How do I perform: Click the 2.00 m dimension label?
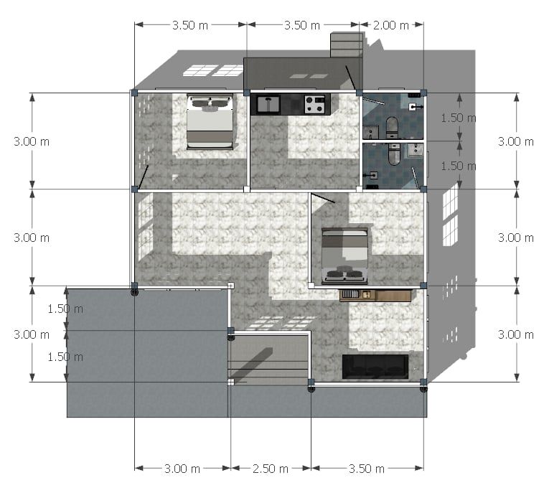pyautogui.click(x=390, y=25)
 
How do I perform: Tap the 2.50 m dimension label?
pyautogui.click(x=271, y=469)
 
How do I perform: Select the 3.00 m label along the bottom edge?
pyautogui.click(x=182, y=469)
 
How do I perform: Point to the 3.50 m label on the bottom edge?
pyautogui.click(x=366, y=469)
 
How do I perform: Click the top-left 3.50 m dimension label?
pyautogui.click(x=190, y=25)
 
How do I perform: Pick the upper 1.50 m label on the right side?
pyautogui.click(x=459, y=118)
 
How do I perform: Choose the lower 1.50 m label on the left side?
pyautogui.click(x=65, y=357)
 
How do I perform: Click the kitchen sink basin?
pyautogui.click(x=268, y=104)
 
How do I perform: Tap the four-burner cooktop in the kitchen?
pyautogui.click(x=314, y=105)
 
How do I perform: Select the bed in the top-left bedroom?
pyautogui.click(x=210, y=121)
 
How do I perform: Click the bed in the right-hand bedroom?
pyautogui.click(x=344, y=255)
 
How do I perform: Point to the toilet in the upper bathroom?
pyautogui.click(x=392, y=126)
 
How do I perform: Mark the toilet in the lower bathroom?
pyautogui.click(x=394, y=154)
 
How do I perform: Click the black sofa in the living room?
pyautogui.click(x=375, y=367)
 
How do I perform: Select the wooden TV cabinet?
pyautogui.click(x=375, y=295)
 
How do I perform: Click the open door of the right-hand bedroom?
pyautogui.click(x=323, y=198)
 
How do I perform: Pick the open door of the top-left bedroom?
pyautogui.click(x=143, y=177)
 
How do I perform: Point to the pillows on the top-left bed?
pyautogui.click(x=210, y=103)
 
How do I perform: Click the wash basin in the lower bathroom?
pyautogui.click(x=415, y=150)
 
